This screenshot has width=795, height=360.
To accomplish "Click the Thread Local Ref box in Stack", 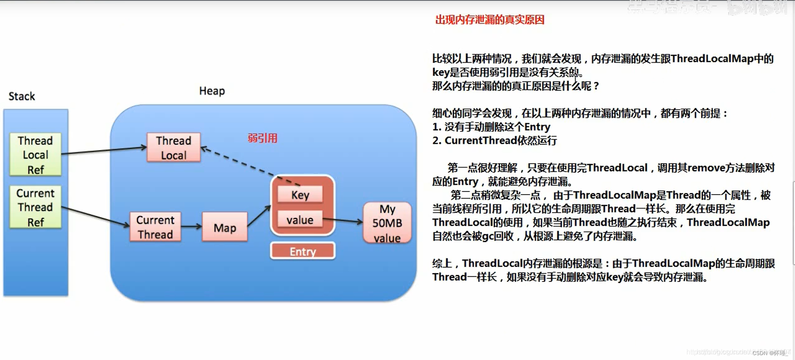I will tap(35, 154).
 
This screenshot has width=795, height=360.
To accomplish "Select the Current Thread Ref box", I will tap(35, 207).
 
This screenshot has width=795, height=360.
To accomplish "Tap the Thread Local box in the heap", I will tap(173, 147).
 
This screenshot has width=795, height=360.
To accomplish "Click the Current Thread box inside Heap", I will tap(155, 227).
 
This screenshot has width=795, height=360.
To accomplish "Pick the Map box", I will tap(224, 227).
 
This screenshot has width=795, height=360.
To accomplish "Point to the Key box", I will tap(300, 195).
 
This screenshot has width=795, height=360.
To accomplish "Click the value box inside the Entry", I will tap(300, 220).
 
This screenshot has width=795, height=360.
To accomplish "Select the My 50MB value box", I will tap(387, 223).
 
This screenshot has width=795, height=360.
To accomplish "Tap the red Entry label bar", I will tap(303, 251).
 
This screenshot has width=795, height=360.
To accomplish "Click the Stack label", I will tap(22, 96).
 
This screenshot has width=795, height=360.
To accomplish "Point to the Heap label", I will tap(212, 91).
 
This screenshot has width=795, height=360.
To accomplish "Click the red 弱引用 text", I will tap(262, 138).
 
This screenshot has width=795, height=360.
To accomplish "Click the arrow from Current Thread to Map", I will tap(191, 226).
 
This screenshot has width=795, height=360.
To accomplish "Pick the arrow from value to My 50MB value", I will tap(343, 221).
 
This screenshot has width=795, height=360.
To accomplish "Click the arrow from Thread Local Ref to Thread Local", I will tap(104, 150).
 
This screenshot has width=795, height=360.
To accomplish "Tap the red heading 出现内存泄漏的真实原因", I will tap(490, 20).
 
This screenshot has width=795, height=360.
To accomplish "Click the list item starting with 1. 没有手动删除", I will tap(491, 127).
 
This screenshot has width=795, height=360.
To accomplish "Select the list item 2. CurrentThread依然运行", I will tap(494, 141).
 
